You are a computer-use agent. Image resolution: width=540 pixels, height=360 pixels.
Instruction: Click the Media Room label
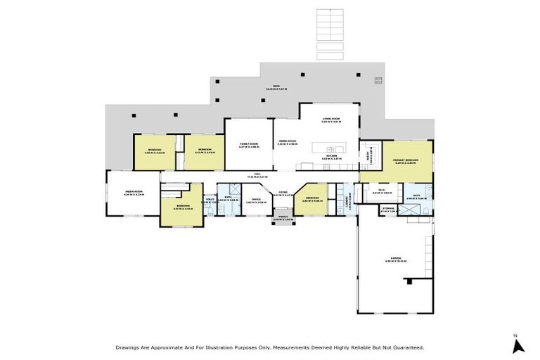[x=134, y=193]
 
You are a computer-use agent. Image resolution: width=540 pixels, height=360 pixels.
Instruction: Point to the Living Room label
[x=330, y=120]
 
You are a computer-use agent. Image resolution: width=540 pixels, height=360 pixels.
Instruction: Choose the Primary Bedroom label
[x=406, y=162]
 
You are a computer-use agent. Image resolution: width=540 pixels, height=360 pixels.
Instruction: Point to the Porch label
[x=283, y=219]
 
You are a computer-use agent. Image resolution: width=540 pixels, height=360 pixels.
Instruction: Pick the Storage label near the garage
[x=388, y=209]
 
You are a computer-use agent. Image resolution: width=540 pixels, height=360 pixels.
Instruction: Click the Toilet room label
[x=210, y=200]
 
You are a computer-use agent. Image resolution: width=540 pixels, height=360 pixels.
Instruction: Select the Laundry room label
[x=347, y=201]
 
